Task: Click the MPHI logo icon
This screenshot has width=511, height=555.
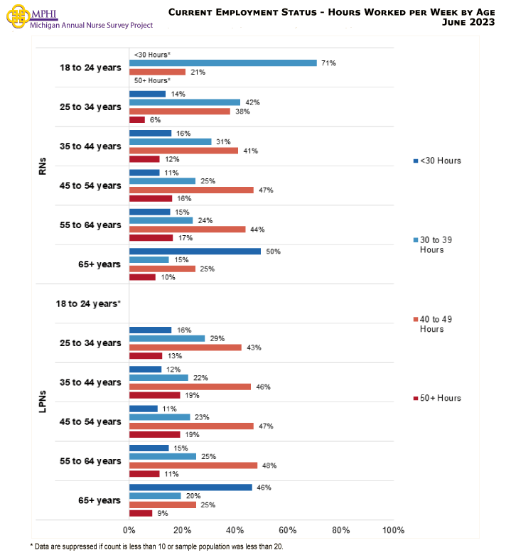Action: (x=17, y=17)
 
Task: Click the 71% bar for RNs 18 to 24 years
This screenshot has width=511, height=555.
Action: (x=222, y=63)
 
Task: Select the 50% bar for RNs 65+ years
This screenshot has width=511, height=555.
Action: (x=195, y=252)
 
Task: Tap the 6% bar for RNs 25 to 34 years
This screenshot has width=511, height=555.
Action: (x=136, y=119)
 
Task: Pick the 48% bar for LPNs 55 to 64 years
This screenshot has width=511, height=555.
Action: (x=193, y=465)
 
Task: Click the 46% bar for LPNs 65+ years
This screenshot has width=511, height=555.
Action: (x=190, y=487)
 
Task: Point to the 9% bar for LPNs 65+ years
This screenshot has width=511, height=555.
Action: (x=141, y=513)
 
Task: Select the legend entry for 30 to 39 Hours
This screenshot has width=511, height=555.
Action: (x=437, y=244)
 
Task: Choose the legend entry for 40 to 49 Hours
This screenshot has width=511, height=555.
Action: (x=437, y=324)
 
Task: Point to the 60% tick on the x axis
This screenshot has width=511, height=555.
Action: (x=288, y=530)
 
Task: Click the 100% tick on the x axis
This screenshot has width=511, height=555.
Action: (x=392, y=530)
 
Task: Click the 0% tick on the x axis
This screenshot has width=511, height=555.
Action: (x=129, y=530)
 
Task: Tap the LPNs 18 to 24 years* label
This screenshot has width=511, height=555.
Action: (x=88, y=303)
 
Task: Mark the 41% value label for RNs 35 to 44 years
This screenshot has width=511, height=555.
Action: (x=250, y=151)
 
